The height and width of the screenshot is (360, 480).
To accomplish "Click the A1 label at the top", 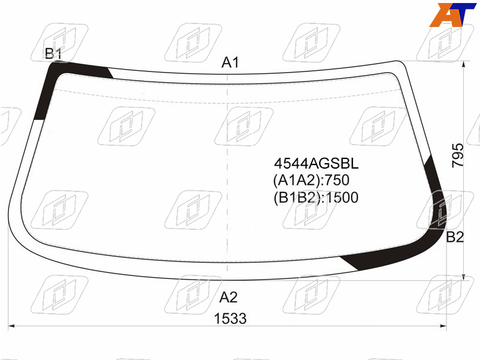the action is coord(230,62).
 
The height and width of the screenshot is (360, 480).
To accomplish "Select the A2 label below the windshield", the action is coord(229,297).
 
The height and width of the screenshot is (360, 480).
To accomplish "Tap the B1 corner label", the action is coord(53,53).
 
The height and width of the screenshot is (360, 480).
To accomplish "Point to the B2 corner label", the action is coord(455,237).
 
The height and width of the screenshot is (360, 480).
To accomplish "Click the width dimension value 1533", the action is coord(230,319).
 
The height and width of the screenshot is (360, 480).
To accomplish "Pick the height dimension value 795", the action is coord(458,155).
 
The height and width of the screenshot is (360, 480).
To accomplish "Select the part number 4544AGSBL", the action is coord(316,163).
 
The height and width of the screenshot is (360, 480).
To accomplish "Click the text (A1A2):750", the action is coord(311,180).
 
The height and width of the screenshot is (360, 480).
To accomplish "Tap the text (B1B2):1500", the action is coord(316,197).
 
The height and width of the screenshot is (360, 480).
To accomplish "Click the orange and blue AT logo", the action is coord(452,14).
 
